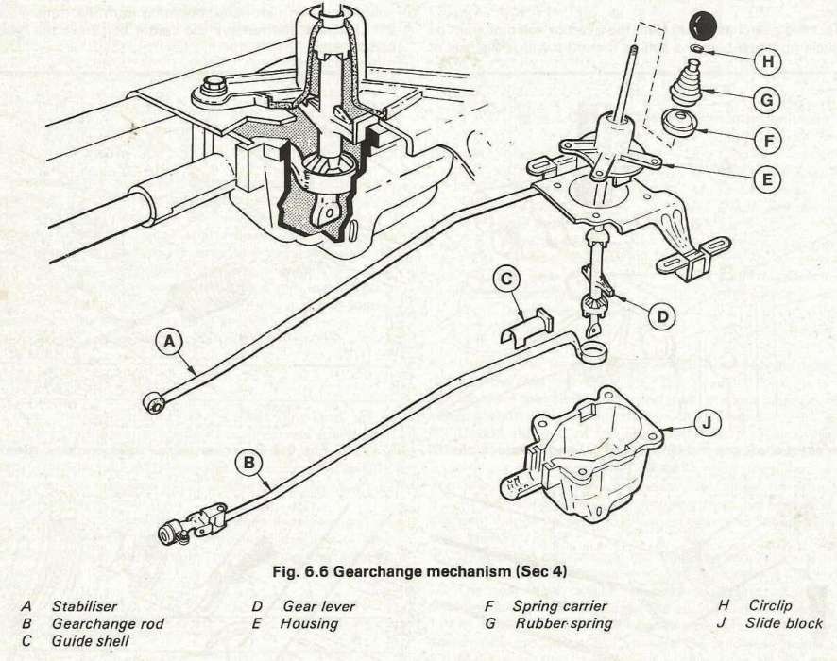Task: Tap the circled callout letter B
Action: [248, 463]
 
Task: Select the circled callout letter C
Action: [506, 279]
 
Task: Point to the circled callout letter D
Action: [663, 317]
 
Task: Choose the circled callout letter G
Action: [768, 98]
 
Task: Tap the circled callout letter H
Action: [769, 61]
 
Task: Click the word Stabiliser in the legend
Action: [85, 606]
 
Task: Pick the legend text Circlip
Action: [771, 606]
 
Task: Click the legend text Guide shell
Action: [91, 641]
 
